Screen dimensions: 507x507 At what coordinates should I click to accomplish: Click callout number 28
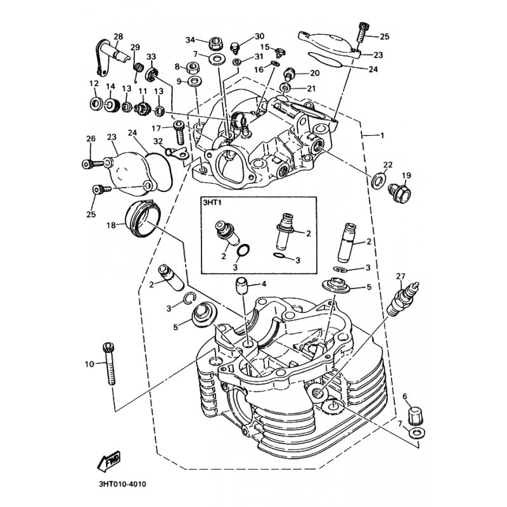tap(119, 35)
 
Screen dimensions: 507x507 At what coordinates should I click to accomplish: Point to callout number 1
tap(382, 135)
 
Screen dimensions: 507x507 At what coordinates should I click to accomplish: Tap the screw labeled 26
tap(93, 163)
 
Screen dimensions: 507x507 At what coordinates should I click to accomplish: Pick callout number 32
tap(158, 141)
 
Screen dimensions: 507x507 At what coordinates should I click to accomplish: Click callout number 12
tap(93, 84)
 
